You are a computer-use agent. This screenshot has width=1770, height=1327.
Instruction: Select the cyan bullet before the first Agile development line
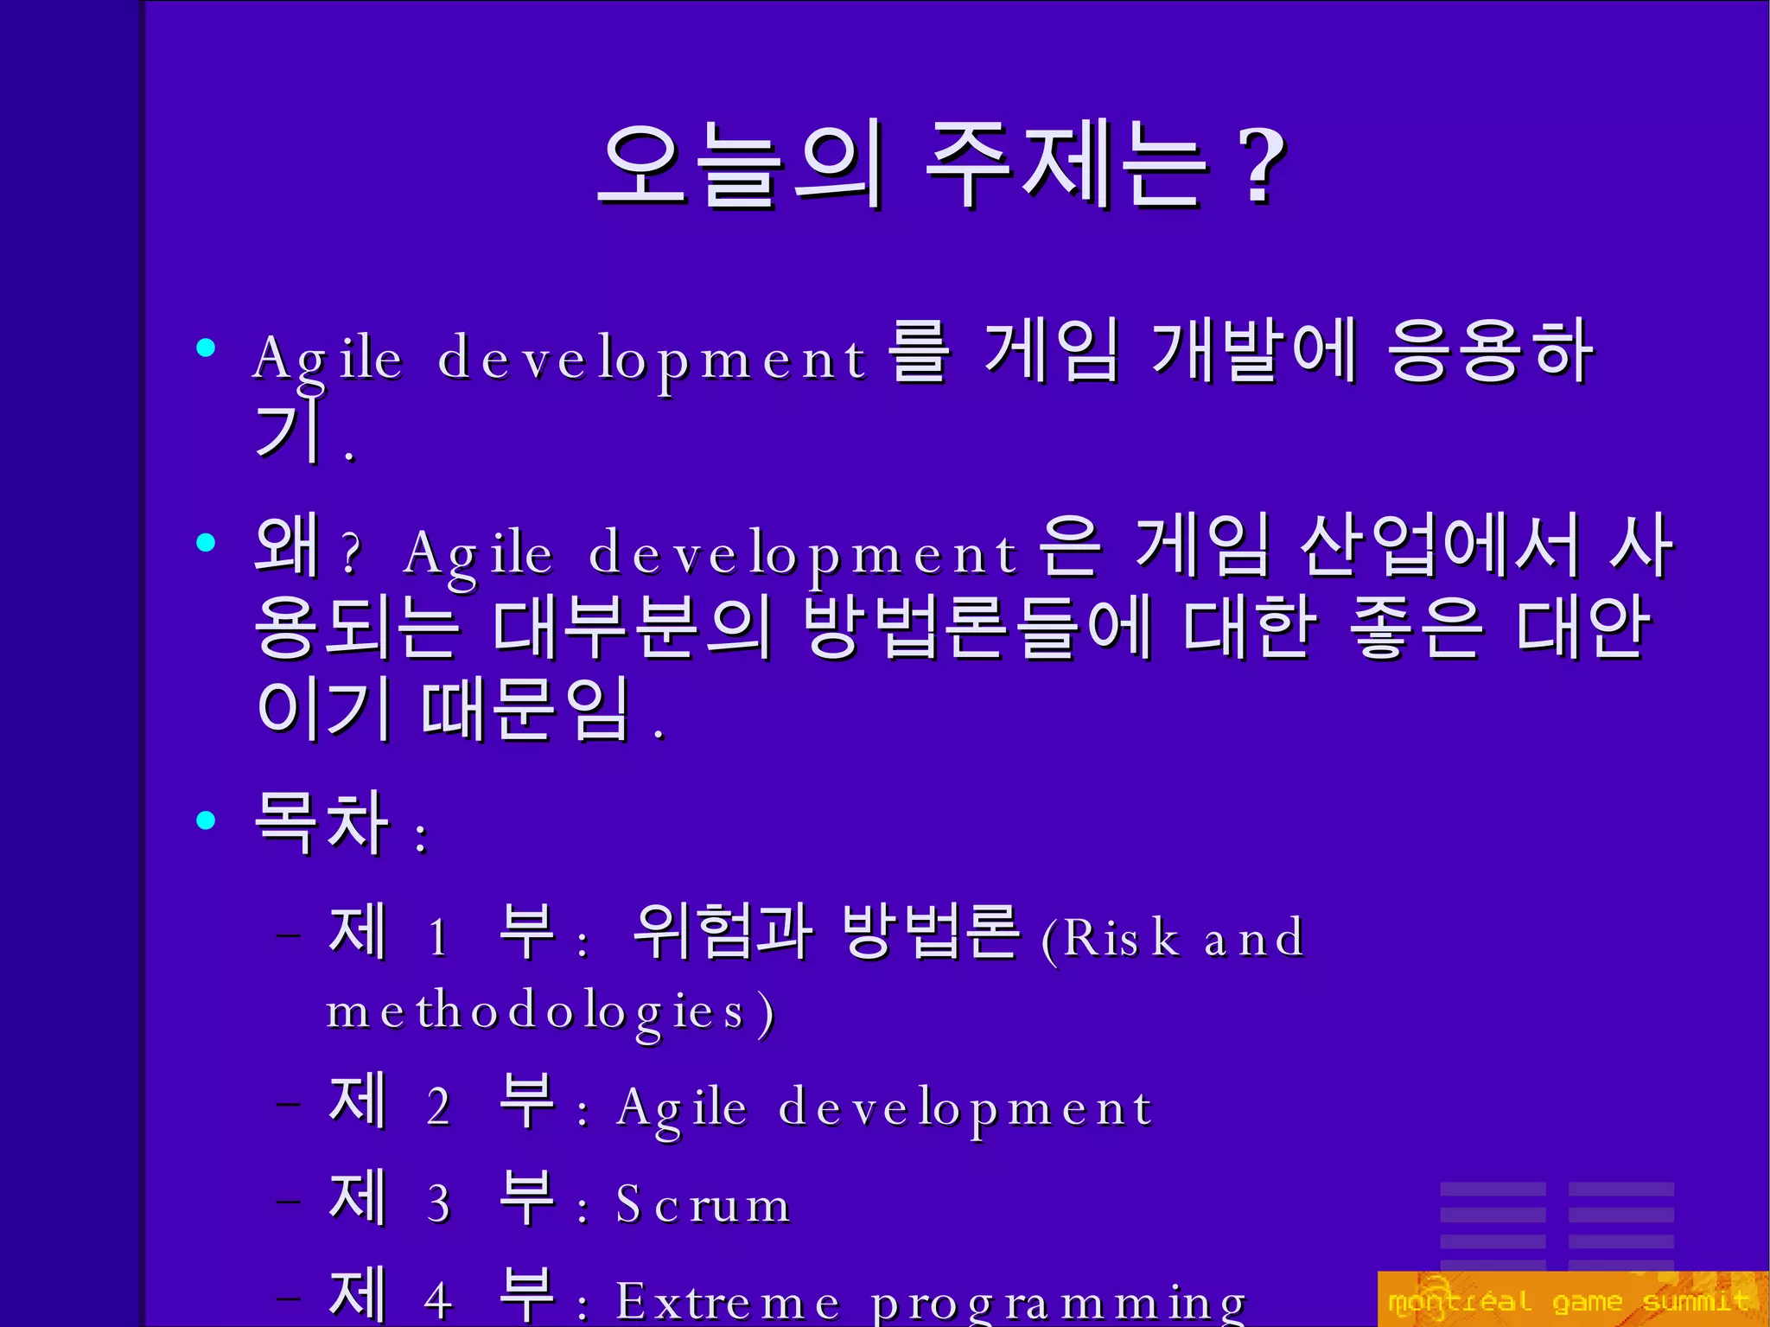206,348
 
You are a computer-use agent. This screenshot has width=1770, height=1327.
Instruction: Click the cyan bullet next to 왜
206,543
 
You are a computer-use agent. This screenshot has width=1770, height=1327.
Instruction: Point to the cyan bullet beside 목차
206,820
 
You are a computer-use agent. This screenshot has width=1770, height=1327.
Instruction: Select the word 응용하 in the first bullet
1490,350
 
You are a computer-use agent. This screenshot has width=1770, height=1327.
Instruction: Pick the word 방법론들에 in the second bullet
977,627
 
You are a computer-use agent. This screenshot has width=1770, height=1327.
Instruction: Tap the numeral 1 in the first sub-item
438,936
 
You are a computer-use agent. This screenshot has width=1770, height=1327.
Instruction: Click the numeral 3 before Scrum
438,1203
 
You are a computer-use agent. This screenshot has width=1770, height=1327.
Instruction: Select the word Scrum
703,1204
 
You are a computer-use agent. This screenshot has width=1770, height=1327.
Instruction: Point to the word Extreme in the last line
727,1302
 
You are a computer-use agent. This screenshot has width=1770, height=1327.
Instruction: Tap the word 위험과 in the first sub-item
722,932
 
